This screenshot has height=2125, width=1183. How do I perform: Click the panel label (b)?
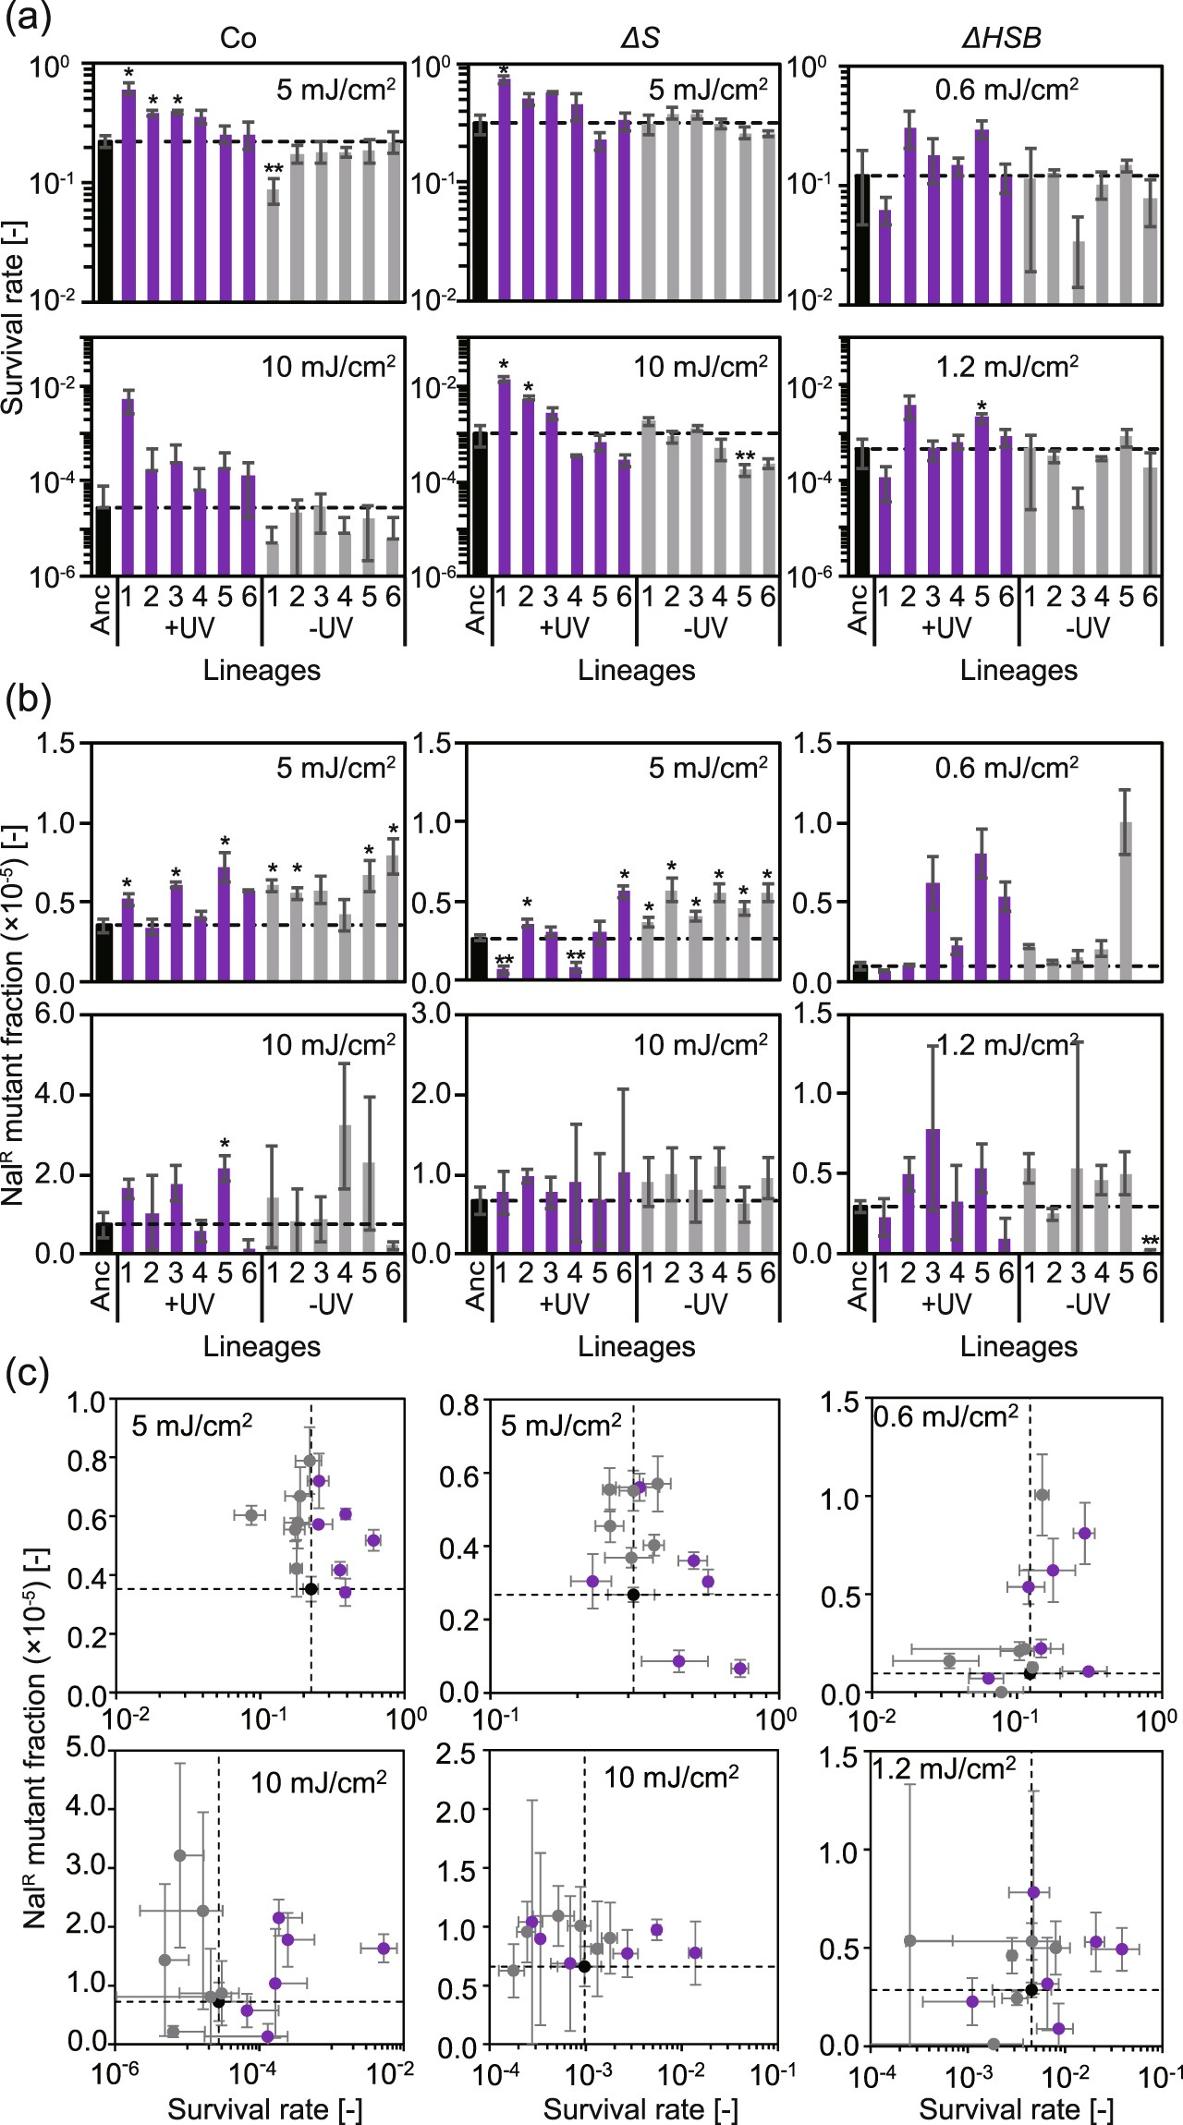coord(28,699)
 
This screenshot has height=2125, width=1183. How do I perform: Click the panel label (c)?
coord(27,1374)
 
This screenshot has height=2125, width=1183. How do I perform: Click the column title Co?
coord(238,38)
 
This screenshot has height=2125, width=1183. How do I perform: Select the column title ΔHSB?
coord(1001,38)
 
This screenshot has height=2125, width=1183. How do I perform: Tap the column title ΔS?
coord(639,38)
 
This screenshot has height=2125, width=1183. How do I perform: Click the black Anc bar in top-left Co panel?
coord(104,222)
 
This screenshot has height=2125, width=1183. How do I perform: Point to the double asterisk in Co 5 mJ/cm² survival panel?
coord(274,169)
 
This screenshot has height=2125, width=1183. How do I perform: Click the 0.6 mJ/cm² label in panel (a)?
coord(1006,90)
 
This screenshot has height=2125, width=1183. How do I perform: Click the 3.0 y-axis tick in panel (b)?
coord(432,1014)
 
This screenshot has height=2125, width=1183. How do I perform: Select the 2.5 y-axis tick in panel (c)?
coord(455,1754)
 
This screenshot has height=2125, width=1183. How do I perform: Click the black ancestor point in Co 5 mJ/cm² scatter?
coord(311,1589)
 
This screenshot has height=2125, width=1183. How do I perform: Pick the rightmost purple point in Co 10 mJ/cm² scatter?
coord(384,1948)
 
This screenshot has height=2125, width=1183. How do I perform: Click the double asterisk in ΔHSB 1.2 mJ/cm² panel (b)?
coord(1150,1240)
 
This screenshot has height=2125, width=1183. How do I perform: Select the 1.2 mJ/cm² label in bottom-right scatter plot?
coord(945,1768)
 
